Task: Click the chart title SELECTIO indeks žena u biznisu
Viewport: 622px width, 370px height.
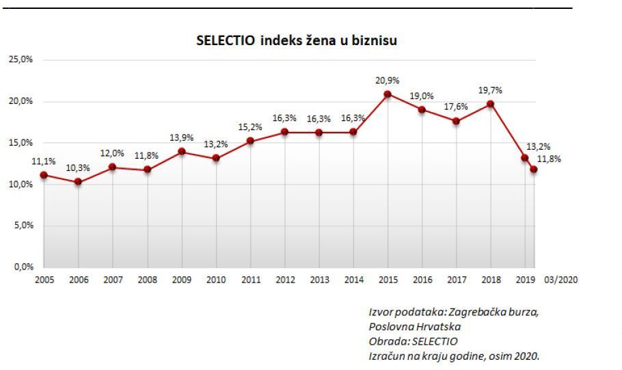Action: (297, 41)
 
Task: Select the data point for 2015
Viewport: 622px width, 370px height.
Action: (388, 94)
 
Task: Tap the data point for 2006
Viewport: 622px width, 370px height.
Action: (78, 181)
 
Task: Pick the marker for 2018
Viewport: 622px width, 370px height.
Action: (490, 104)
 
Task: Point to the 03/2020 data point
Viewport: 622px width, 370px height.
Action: (533, 169)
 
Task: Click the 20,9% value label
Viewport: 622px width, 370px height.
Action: (388, 81)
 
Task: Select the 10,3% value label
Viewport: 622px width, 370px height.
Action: (78, 168)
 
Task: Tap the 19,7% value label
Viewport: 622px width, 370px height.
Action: (490, 90)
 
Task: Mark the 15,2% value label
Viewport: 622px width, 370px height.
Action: (250, 127)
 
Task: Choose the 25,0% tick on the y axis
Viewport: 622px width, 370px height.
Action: (21, 60)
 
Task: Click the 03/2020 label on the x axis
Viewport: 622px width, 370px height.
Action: (561, 280)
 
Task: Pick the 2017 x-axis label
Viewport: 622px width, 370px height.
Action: (456, 280)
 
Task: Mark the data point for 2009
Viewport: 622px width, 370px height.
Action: (181, 151)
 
